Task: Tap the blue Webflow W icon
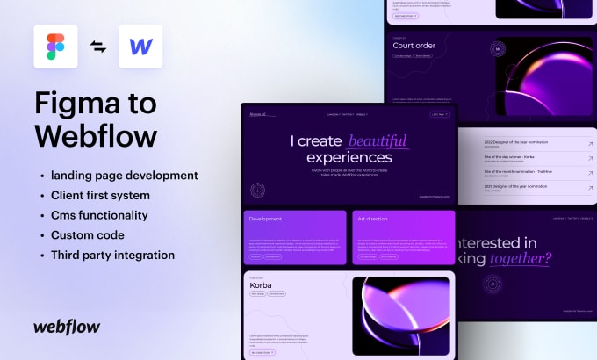tap(139, 47)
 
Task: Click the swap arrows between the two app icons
tap(98, 47)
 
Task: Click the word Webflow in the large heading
tap(97, 135)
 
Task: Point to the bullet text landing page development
tap(123, 176)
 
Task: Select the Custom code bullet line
tap(88, 235)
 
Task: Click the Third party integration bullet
tap(113, 255)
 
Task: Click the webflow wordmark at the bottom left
tap(67, 327)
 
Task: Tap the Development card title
tap(265, 218)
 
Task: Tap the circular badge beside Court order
tap(498, 50)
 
